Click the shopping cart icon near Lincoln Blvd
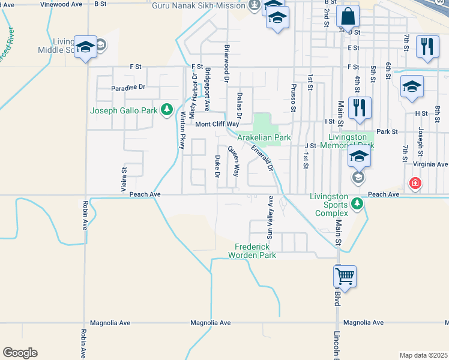(345, 277)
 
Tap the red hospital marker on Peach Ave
(414, 182)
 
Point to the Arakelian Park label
(264, 137)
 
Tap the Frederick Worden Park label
(252, 251)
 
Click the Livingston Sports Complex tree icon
(357, 203)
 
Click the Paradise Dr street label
(128, 87)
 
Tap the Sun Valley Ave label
(270, 217)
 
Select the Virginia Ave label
(429, 164)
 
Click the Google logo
(20, 353)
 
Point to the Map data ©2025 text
(423, 355)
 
